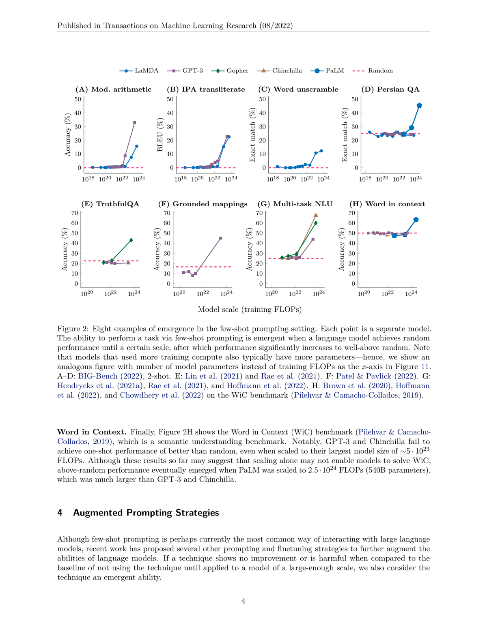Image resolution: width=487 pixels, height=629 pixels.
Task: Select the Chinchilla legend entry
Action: coord(280,71)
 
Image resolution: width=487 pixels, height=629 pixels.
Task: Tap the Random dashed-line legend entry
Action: coord(373,71)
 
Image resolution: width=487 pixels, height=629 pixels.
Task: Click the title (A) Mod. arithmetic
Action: coord(113,90)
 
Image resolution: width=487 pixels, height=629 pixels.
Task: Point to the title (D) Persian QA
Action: coord(390,90)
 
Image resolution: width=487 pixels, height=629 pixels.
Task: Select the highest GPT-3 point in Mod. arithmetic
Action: coord(135,122)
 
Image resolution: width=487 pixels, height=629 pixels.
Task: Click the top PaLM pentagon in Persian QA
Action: coord(419,105)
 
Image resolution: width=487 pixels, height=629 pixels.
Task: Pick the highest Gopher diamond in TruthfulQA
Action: coord(131,240)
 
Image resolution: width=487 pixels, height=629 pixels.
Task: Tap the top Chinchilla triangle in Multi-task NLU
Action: coord(316,215)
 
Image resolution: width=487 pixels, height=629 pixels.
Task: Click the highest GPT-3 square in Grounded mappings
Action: coord(220,238)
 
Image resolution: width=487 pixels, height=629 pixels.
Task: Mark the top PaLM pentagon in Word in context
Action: coord(416,220)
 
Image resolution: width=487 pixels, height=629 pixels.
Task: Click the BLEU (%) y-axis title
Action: coord(160,135)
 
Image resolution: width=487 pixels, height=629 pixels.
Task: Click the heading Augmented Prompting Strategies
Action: coord(146,513)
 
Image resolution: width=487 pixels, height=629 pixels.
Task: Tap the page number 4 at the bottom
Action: coord(243,601)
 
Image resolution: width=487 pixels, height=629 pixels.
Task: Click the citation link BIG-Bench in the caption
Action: coord(97,376)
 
